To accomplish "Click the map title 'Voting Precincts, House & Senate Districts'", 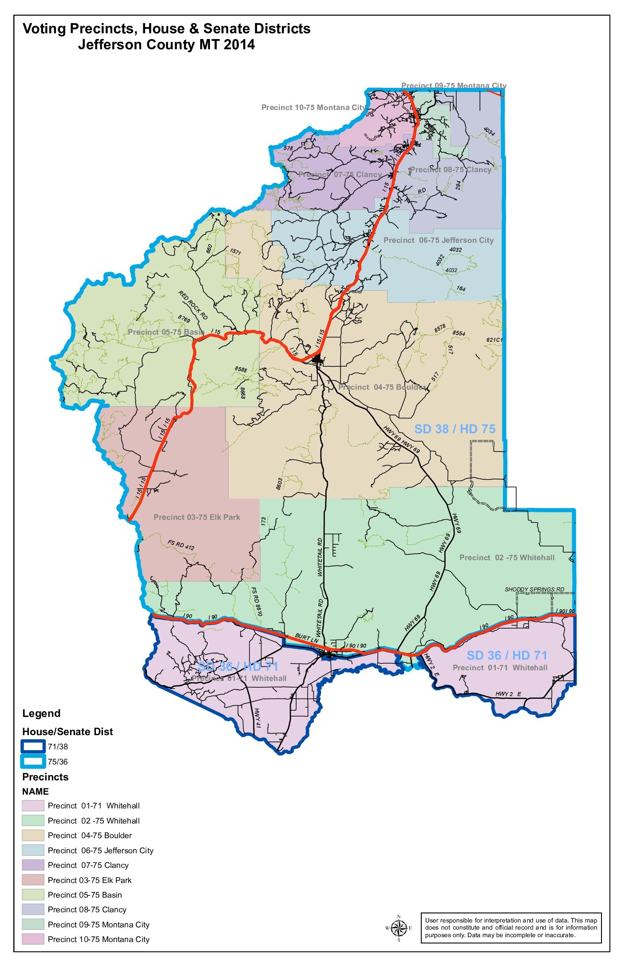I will pyautogui.click(x=166, y=29).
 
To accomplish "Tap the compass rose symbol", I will pyautogui.click(x=399, y=928).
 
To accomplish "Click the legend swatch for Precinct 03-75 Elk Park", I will pyautogui.click(x=33, y=880).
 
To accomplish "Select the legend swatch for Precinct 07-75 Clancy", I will pyautogui.click(x=33, y=865).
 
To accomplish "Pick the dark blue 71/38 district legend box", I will pyautogui.click(x=33, y=747).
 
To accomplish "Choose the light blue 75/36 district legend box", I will pyautogui.click(x=33, y=762).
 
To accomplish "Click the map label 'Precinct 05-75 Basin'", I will pyautogui.click(x=166, y=332).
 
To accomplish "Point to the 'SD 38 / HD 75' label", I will pyautogui.click(x=455, y=429).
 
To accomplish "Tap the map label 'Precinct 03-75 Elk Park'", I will pyautogui.click(x=197, y=517).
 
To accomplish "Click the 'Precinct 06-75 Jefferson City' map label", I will pyautogui.click(x=439, y=240).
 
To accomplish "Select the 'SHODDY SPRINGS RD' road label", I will pyautogui.click(x=534, y=590).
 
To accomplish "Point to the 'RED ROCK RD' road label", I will pyautogui.click(x=193, y=305).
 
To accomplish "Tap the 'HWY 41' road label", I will pyautogui.click(x=257, y=718).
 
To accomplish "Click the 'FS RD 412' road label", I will pyautogui.click(x=181, y=545).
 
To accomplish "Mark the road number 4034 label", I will pyautogui.click(x=489, y=131).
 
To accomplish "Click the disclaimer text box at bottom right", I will pyautogui.click(x=511, y=928).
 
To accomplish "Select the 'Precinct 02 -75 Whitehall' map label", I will pyautogui.click(x=506, y=558).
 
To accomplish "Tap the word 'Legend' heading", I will pyautogui.click(x=41, y=713).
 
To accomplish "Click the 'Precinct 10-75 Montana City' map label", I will pyautogui.click(x=313, y=107).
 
